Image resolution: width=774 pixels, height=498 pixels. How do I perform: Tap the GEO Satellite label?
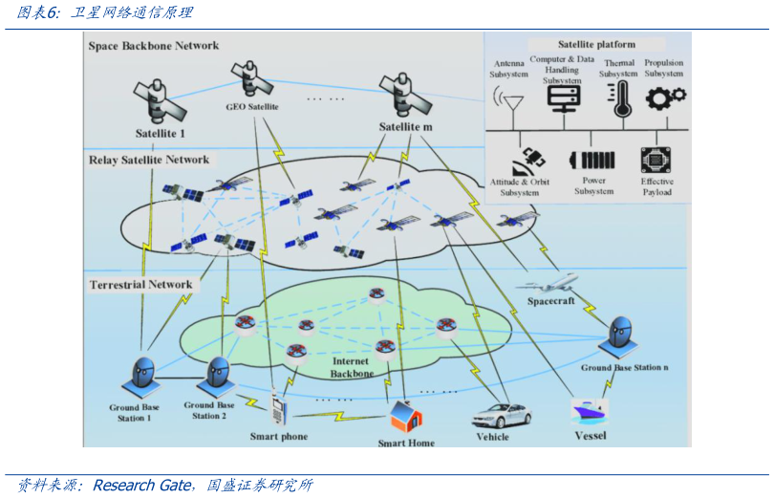tap(252, 107)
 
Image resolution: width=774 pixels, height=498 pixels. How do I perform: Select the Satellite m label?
tap(405, 127)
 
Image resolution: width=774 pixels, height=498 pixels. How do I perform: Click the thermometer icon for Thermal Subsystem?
tap(622, 97)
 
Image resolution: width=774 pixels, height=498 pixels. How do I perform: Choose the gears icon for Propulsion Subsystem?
tap(666, 97)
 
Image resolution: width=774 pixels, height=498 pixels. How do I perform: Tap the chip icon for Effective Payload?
tap(656, 159)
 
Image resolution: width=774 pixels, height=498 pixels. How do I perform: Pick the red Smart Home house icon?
tap(405, 416)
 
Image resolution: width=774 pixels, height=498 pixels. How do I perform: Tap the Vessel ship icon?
tap(590, 411)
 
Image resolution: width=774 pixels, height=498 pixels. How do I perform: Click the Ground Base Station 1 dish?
tap(142, 375)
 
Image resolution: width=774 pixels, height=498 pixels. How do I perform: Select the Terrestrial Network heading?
tap(140, 285)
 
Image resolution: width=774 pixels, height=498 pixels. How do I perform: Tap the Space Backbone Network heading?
tap(154, 46)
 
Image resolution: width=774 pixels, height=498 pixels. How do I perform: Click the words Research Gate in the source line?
tap(145, 486)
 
